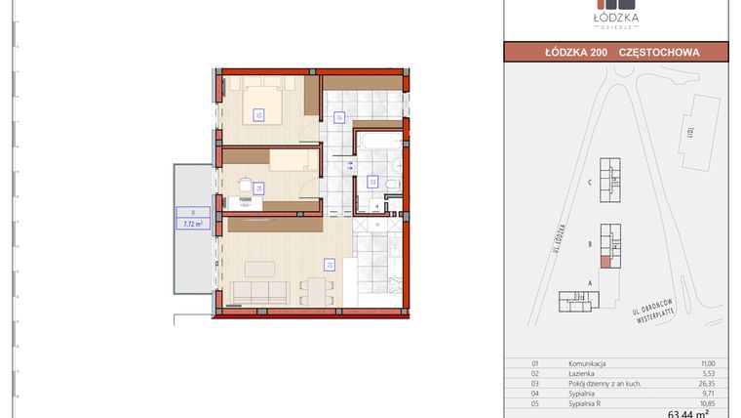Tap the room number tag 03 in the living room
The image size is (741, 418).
(x=331, y=264)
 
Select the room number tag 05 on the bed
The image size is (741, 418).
(x=259, y=114)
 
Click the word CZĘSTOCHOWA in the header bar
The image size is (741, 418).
(x=660, y=52)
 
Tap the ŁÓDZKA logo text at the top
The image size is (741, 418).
(x=618, y=17)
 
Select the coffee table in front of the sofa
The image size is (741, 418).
(x=258, y=269)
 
